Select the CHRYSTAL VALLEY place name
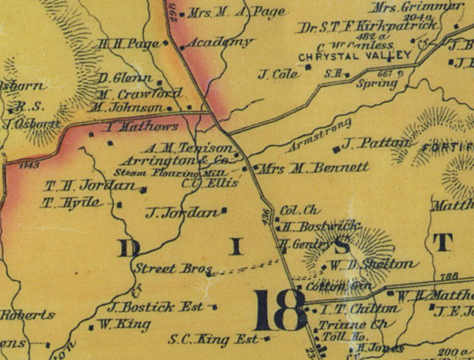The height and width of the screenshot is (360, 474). point(355,55)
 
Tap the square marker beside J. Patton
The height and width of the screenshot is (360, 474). point(337,148)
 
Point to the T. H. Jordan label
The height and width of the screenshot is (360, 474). point(90,186)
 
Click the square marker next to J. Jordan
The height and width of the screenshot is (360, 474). point(224,210)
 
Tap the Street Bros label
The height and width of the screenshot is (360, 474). point(169,268)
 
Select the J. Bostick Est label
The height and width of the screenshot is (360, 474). point(155,307)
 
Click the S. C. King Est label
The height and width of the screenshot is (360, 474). point(214,339)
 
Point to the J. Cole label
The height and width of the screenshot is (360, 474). point(278,74)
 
